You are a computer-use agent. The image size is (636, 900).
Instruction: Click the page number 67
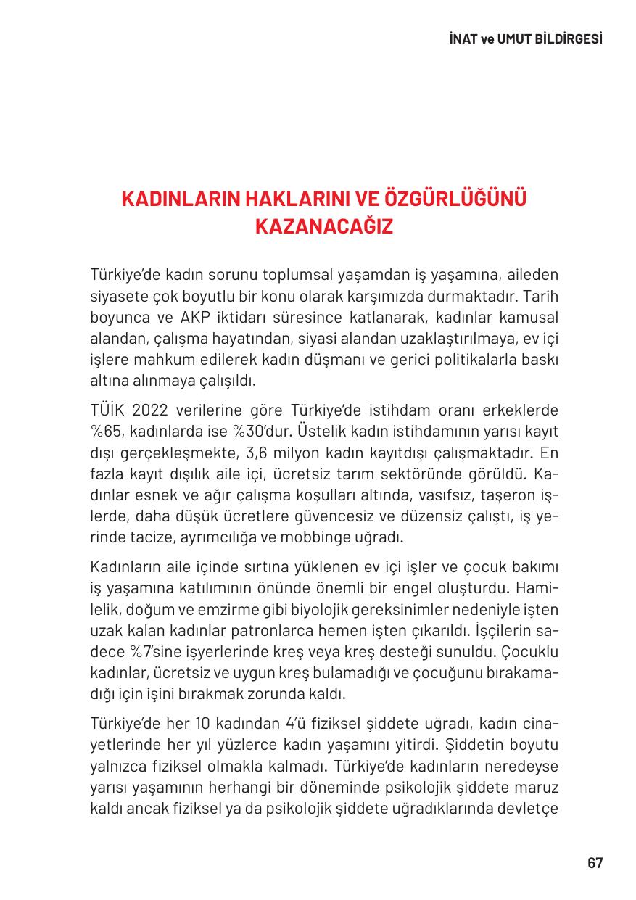point(595,863)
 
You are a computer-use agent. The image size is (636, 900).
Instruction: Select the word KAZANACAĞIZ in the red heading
point(324,227)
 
